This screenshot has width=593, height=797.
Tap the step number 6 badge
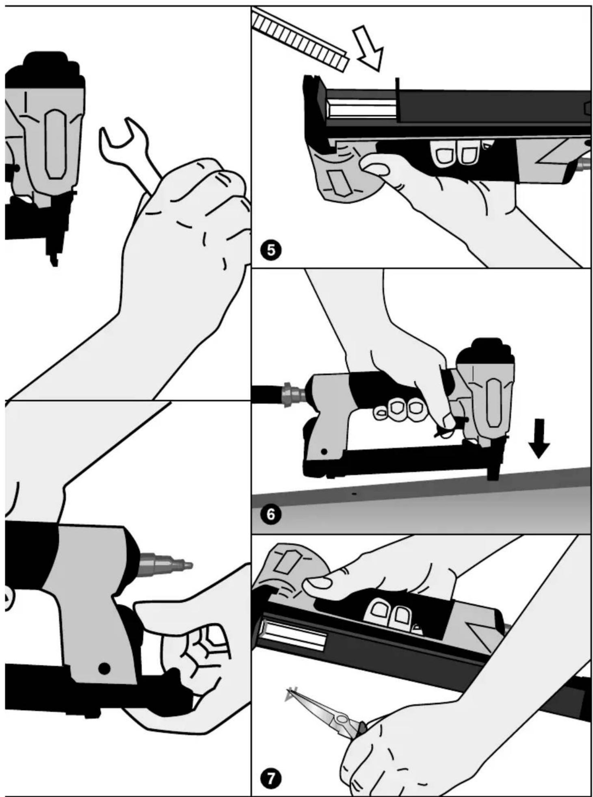point(271,514)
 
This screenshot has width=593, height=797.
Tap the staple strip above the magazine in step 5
point(299,41)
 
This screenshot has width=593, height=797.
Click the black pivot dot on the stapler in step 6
point(324,451)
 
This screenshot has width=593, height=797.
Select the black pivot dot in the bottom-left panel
point(104,668)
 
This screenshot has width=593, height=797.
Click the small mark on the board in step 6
point(354,494)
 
